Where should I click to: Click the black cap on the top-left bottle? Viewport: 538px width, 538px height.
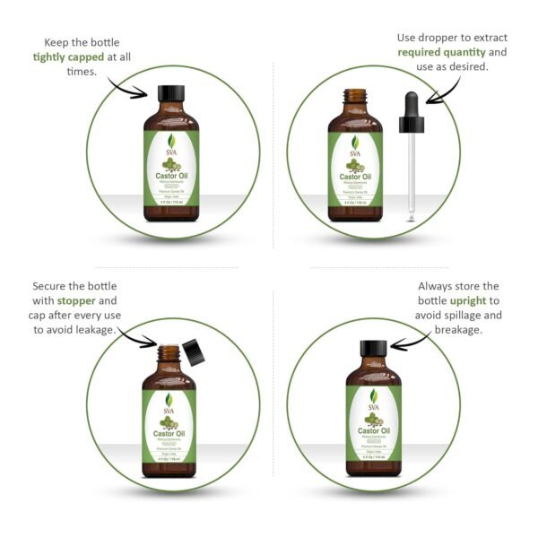(169, 93)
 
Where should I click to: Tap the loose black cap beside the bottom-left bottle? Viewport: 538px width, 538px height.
(192, 350)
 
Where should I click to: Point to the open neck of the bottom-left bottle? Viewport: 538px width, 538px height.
(169, 352)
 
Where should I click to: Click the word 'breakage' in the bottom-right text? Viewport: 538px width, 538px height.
(457, 330)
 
